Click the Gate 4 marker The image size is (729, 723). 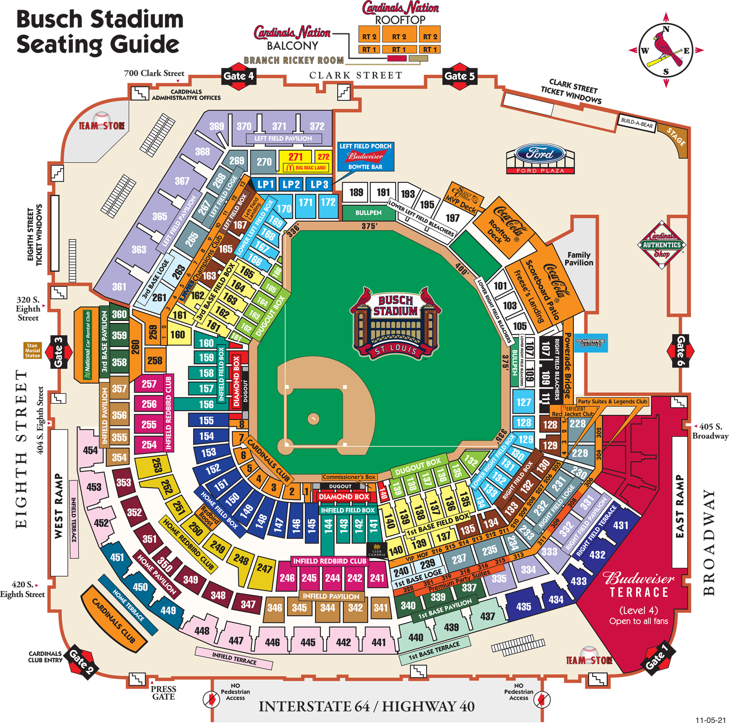point(238,76)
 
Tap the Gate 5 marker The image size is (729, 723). point(459,76)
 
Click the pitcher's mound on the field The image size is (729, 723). point(313,418)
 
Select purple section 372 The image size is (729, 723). point(317,126)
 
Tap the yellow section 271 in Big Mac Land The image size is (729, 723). point(295,157)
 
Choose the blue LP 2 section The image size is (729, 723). point(291,184)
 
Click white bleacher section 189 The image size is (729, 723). point(356,193)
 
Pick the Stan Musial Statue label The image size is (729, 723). point(32,350)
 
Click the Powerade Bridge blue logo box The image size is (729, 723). point(591,343)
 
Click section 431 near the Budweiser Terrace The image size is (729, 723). point(621,525)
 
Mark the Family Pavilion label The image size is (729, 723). point(579,259)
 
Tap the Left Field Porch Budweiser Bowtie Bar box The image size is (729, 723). point(365,156)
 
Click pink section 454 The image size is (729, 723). point(90,450)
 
